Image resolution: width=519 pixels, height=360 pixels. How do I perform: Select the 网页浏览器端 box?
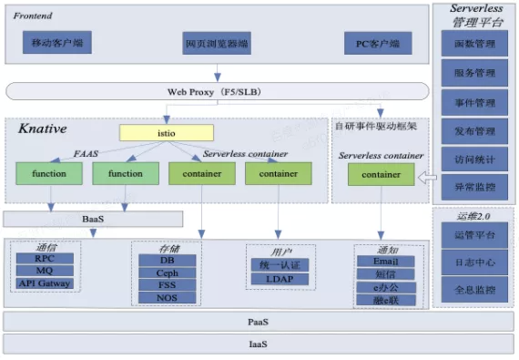218,43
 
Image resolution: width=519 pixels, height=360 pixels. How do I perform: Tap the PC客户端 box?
377,43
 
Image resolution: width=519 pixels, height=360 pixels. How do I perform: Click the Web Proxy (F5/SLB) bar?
217,91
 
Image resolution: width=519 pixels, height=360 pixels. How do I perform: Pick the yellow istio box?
167,133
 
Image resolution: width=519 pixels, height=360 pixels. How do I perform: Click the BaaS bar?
93,219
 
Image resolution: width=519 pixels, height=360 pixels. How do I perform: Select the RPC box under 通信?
45,258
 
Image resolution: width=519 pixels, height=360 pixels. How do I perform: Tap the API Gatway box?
45,283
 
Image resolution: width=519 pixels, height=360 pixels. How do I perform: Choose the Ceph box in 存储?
166,272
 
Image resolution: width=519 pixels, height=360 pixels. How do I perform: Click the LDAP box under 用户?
280,277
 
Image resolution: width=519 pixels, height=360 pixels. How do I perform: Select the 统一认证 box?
280,264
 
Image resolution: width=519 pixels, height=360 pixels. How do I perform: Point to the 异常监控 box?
473,187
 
